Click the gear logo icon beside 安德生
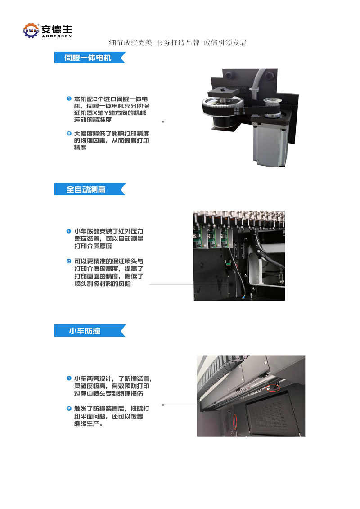[31, 31]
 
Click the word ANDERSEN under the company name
[57, 36]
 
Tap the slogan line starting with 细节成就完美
[178, 42]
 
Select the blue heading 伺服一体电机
[88, 58]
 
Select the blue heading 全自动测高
[85, 189]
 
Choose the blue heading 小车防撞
[85, 331]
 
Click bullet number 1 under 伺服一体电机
[69, 99]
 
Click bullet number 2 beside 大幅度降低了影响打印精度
[69, 133]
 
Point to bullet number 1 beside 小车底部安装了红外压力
[69, 231]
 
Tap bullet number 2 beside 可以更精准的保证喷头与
[69, 261]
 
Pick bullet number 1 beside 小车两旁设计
[69, 378]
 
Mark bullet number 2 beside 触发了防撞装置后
[69, 408]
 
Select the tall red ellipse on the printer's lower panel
[235, 421]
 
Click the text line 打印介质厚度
[93, 246]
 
